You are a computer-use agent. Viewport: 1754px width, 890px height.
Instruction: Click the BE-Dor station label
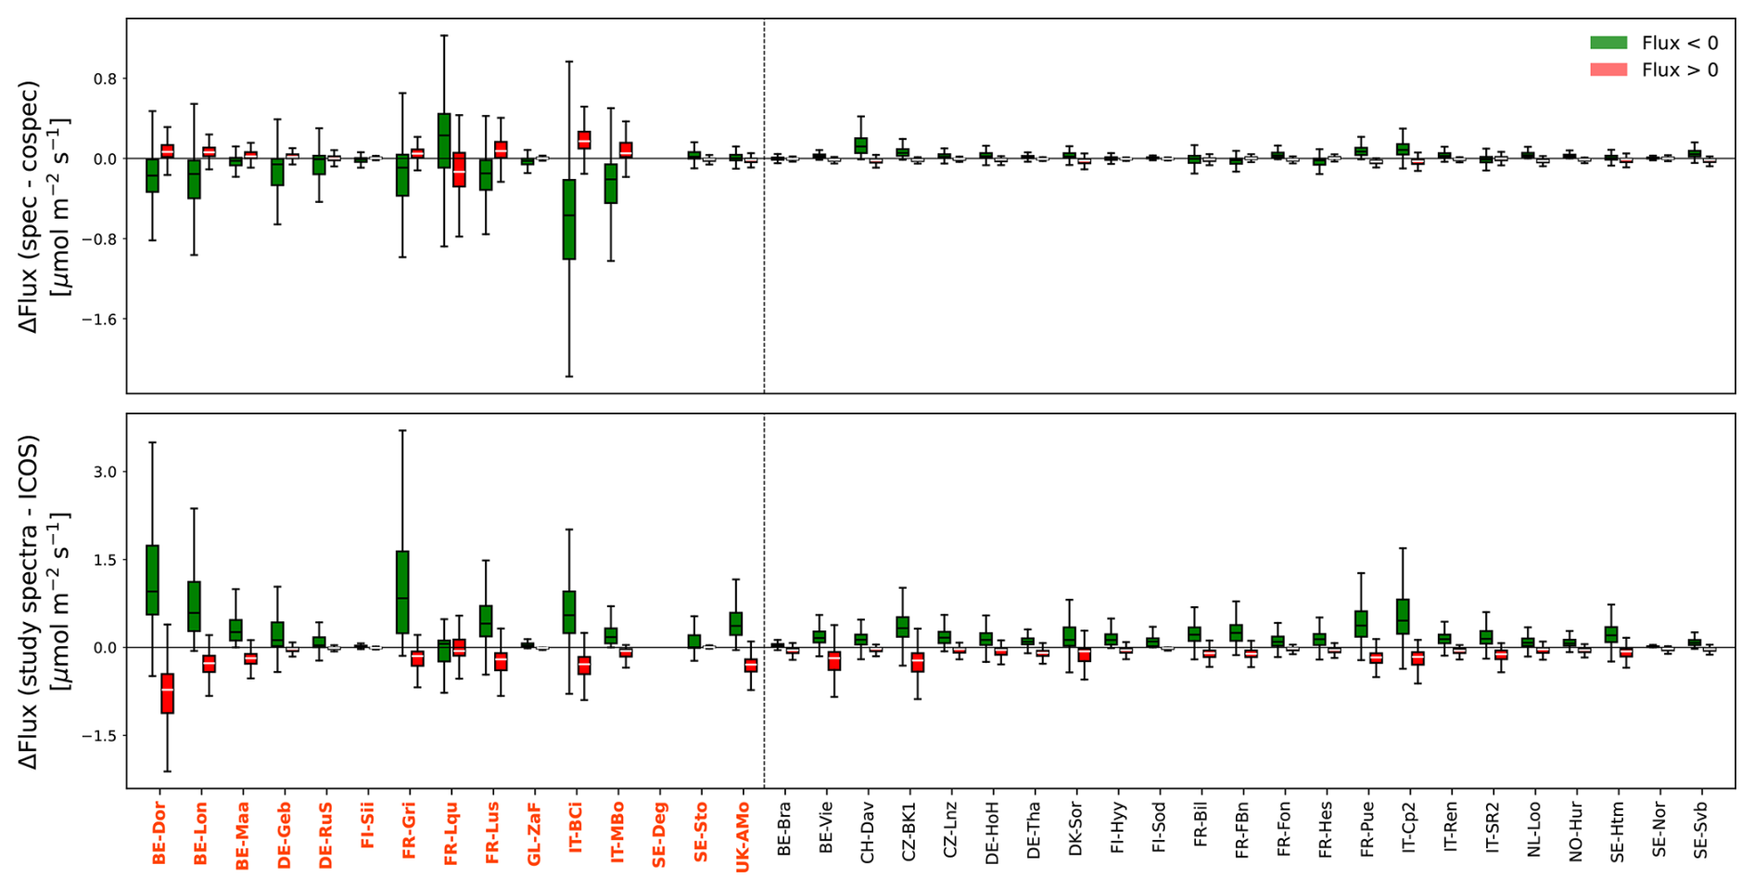pyautogui.click(x=159, y=833)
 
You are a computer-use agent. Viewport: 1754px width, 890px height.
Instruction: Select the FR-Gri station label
pyautogui.click(x=409, y=831)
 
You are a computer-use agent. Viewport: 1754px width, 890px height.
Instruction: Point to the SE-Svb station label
pyautogui.click(x=1700, y=830)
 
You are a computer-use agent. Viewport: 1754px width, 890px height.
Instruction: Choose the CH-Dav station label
pyautogui.click(x=868, y=833)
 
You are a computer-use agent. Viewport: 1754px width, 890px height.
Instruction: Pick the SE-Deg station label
pyautogui.click(x=659, y=834)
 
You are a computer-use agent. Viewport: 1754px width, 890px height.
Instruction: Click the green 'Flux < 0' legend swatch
pyautogui.click(x=1608, y=43)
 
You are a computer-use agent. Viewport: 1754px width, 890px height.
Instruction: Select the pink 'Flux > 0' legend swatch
pyautogui.click(x=1608, y=70)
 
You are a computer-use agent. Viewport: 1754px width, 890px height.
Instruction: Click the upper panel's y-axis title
pyautogui.click(x=44, y=207)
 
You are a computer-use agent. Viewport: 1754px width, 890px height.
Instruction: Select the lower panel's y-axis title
pyautogui.click(x=44, y=602)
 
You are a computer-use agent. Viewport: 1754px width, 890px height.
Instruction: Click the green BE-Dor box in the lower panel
pyautogui.click(x=153, y=579)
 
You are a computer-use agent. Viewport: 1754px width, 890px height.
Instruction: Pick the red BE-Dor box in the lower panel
pyautogui.click(x=167, y=693)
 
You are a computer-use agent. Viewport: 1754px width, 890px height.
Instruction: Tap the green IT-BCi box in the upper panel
pyautogui.click(x=569, y=219)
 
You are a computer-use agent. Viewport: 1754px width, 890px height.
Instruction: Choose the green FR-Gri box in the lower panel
pyautogui.click(x=402, y=592)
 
